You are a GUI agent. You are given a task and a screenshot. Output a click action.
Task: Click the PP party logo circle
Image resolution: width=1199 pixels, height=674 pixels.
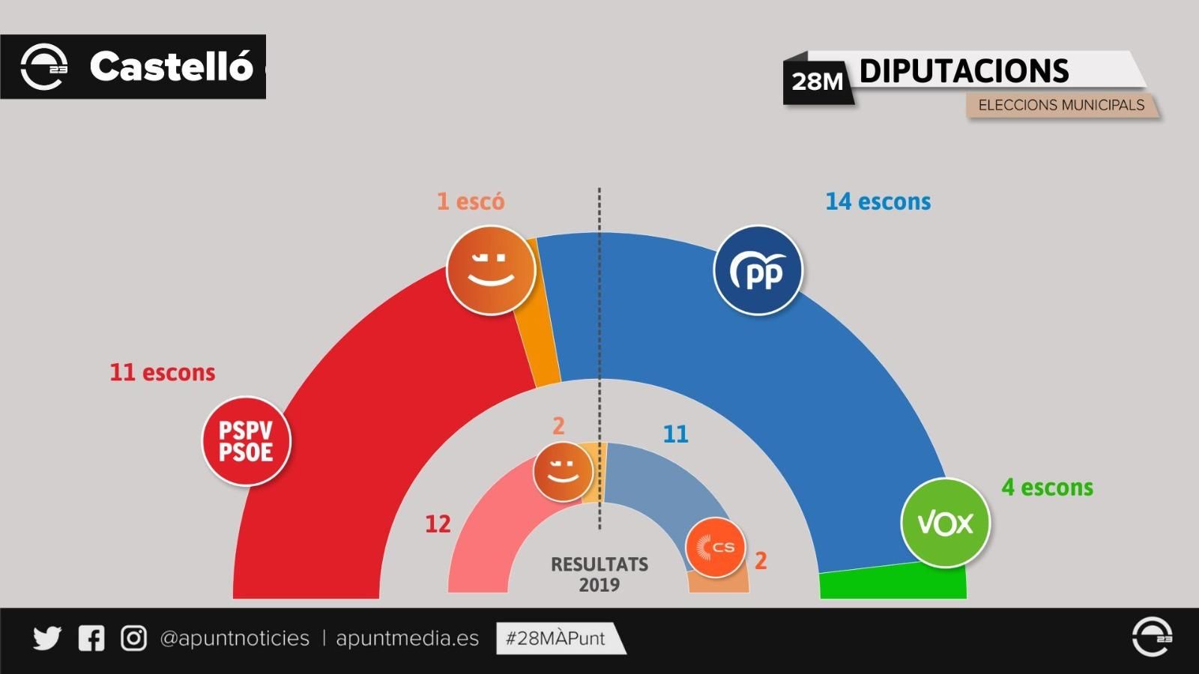[x=758, y=270]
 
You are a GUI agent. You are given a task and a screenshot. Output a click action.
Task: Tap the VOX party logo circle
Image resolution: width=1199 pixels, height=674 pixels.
[x=945, y=523]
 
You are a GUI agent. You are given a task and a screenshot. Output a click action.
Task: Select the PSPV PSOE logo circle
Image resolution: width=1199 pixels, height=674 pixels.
[x=246, y=441]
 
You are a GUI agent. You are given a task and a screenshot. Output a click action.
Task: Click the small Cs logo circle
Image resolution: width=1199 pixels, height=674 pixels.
[x=716, y=547]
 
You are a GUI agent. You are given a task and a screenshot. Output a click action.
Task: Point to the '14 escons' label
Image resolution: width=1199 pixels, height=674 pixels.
[x=878, y=201]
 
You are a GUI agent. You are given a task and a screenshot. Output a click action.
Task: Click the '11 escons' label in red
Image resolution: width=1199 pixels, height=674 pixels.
[x=163, y=372]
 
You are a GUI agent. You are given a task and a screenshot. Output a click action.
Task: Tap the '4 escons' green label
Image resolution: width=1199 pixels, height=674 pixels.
[x=1047, y=488]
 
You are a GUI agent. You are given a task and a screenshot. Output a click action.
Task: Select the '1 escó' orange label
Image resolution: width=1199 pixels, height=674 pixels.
[x=471, y=201]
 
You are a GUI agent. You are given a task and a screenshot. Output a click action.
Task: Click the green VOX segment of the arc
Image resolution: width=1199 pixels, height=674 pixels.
[x=892, y=584]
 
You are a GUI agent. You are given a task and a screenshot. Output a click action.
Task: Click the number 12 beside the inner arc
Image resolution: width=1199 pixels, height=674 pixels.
[x=438, y=524]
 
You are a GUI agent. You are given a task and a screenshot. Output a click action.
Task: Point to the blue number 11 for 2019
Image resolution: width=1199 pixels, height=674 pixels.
[x=675, y=434]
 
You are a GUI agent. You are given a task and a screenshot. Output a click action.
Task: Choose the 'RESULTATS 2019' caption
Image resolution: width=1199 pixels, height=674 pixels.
[x=599, y=574]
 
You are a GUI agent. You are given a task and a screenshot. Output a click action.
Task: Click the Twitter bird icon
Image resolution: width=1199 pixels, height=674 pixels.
[x=47, y=638]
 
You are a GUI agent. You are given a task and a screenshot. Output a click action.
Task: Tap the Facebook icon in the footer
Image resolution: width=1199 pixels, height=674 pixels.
[x=91, y=638]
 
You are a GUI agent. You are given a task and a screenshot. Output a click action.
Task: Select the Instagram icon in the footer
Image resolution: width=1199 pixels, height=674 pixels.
[x=134, y=638]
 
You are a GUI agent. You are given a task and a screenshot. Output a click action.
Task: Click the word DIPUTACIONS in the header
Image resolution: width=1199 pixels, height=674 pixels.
[x=964, y=71]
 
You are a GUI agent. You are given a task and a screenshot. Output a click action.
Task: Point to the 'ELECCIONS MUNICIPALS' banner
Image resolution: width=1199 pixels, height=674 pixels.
[x=1061, y=105]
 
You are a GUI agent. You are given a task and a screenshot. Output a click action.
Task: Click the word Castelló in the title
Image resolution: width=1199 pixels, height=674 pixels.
[x=171, y=67]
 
